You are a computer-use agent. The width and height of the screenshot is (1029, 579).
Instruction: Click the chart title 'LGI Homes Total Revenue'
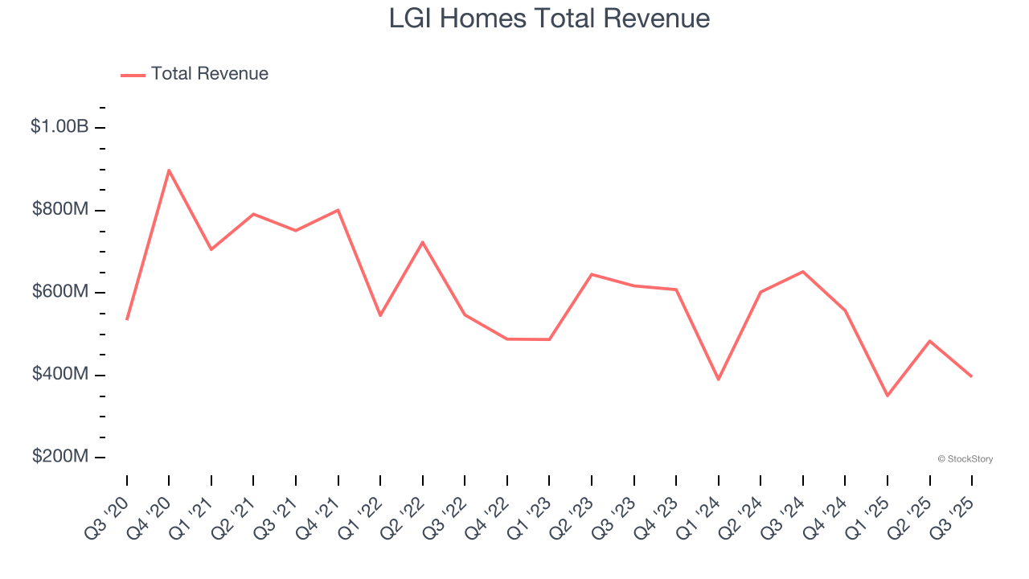point(549,18)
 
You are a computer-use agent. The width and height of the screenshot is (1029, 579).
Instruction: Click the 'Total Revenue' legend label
point(209,74)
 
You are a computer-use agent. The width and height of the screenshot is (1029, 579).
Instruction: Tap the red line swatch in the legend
point(133,75)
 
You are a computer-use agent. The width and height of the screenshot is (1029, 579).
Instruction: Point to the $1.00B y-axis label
point(59,126)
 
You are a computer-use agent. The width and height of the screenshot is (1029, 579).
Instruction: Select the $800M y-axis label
point(60,209)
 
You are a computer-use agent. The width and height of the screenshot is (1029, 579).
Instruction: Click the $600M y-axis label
point(60,292)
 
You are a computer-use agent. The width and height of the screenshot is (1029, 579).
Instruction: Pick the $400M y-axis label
point(60,374)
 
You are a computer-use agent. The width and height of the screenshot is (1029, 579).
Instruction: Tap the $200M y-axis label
point(60,457)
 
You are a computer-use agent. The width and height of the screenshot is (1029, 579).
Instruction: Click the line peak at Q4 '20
point(169,170)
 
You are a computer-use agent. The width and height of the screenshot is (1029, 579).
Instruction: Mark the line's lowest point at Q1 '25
point(888,396)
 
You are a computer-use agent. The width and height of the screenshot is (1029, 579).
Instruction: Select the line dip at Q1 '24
point(718,380)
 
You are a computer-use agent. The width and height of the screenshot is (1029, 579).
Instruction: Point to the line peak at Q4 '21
point(338,210)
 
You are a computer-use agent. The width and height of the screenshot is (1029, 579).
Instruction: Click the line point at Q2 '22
point(422,242)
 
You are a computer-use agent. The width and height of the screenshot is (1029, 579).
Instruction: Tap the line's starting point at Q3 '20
point(127,319)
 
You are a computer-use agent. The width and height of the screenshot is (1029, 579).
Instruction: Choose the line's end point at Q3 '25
point(972,376)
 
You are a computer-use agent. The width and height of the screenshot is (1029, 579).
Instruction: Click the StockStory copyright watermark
point(965,459)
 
